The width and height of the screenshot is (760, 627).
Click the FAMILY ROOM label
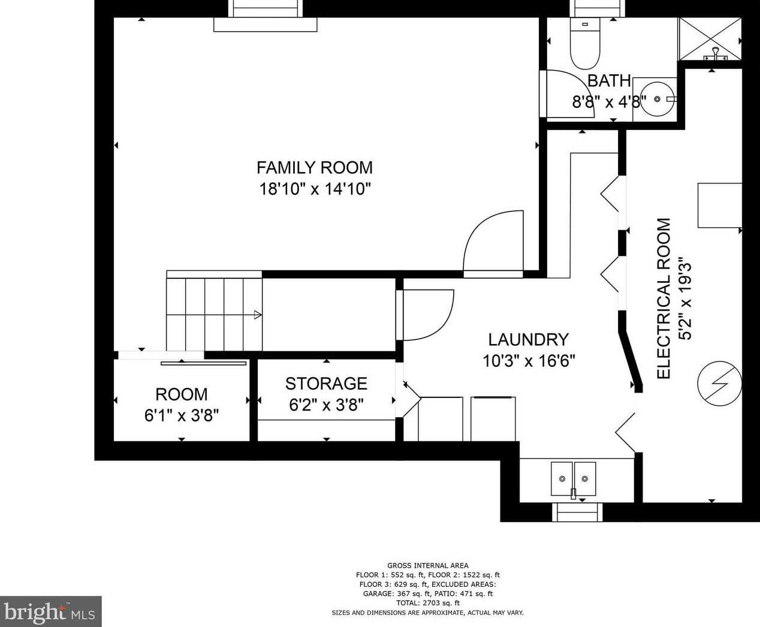315,168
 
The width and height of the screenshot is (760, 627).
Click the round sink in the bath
658,99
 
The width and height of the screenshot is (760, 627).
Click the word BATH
609,81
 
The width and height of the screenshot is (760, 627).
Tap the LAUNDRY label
528,340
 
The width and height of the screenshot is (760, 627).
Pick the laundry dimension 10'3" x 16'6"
529,361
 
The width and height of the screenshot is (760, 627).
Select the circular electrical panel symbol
719,383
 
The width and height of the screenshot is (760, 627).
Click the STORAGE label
326,384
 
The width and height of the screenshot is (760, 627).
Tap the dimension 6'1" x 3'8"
181,415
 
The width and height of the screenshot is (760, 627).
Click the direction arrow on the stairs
258,315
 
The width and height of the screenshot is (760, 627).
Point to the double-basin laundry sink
573,479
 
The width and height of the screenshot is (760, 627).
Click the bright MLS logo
50,611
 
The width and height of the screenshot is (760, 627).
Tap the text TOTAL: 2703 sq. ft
428,603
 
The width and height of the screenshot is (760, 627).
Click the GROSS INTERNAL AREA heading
428,565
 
